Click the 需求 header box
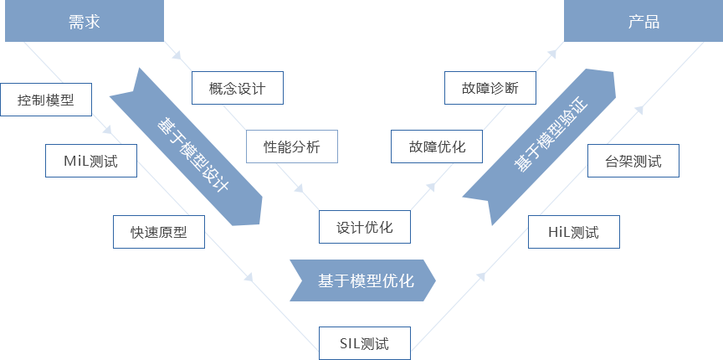click(x=84, y=22)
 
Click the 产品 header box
click(x=643, y=22)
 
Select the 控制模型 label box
click(x=46, y=100)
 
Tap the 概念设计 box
click(x=237, y=88)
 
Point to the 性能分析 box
click(x=291, y=147)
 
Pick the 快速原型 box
click(x=159, y=232)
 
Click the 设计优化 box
click(x=366, y=226)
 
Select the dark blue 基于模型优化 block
click(x=362, y=280)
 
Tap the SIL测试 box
click(x=365, y=343)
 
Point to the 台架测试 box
click(x=633, y=161)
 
